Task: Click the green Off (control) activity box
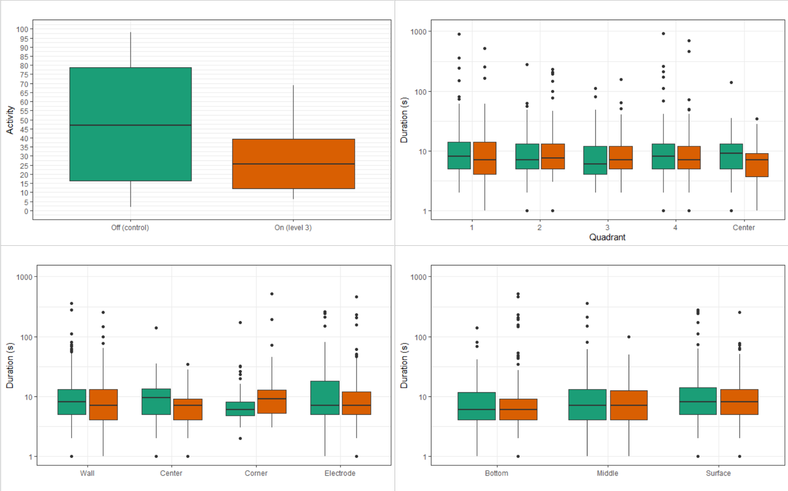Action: [x=130, y=124]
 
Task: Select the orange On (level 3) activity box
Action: [x=293, y=164]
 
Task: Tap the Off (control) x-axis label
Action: [x=130, y=228]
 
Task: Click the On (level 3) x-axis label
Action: [x=293, y=228]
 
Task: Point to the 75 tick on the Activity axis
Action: [x=24, y=75]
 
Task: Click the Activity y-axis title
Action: [x=10, y=120]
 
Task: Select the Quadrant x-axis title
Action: [x=607, y=237]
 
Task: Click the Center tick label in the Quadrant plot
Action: [x=743, y=228]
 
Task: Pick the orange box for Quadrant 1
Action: [x=485, y=158]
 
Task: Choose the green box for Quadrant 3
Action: [x=595, y=160]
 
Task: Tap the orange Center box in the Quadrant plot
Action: [x=757, y=165]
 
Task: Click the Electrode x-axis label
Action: [x=340, y=473]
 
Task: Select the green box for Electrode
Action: [x=325, y=397]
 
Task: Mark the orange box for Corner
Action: [x=272, y=401]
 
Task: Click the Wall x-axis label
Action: [x=87, y=473]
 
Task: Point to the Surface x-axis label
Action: [x=718, y=473]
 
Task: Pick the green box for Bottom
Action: [x=476, y=406]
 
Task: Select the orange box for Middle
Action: [x=629, y=405]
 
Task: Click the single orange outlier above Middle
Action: [x=629, y=337]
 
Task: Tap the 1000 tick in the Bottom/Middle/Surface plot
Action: [x=418, y=277]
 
